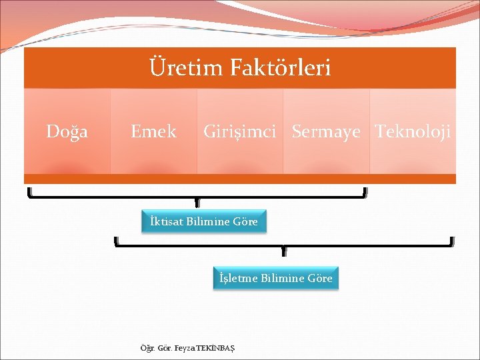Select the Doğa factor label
coord(67,132)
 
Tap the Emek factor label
coord(153,132)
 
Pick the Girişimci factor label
coord(239,132)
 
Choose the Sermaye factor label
coord(326,132)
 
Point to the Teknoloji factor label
coord(413,132)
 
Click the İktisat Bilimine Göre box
coord(204,221)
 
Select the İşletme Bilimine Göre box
coord(276,278)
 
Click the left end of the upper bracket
coord(29,193)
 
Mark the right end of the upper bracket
coord(365,193)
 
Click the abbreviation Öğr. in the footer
coord(146,348)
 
